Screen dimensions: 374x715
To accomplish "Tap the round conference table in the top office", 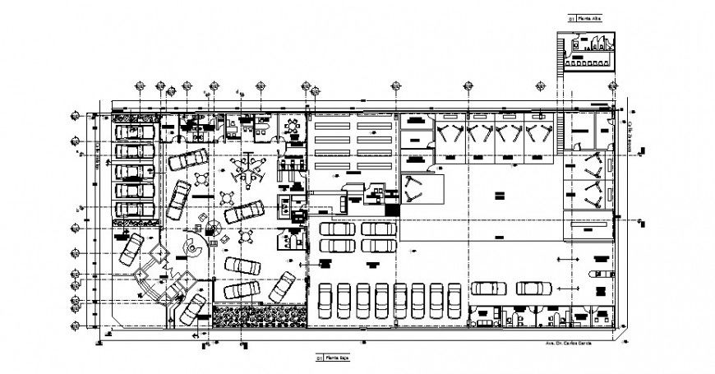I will pos(293,127).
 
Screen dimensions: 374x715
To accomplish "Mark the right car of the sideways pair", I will pos(534,288).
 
